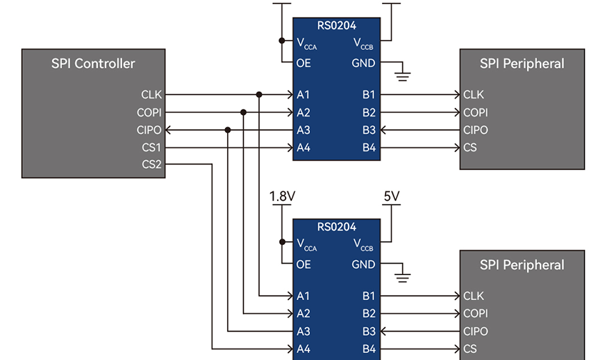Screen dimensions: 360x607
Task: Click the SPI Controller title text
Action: [93, 64]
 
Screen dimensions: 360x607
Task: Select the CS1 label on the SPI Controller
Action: [151, 148]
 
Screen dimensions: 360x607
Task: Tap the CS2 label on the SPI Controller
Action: [151, 165]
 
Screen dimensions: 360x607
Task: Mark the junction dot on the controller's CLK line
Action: [259, 94]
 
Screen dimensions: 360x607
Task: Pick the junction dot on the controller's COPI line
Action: [244, 112]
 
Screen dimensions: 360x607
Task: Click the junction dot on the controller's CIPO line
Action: [228, 130]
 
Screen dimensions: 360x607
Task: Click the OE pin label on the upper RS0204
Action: [303, 63]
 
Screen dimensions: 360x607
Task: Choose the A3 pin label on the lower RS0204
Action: [303, 331]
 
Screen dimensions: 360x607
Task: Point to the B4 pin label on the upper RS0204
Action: [368, 148]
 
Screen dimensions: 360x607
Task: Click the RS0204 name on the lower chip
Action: [336, 227]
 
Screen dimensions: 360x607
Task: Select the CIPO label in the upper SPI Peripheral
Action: [476, 130]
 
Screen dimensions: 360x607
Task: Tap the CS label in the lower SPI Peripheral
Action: [470, 349]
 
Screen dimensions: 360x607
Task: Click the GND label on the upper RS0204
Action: [363, 63]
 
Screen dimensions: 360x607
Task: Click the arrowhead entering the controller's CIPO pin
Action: [169, 130]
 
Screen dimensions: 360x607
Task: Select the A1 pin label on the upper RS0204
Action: [303, 94]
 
